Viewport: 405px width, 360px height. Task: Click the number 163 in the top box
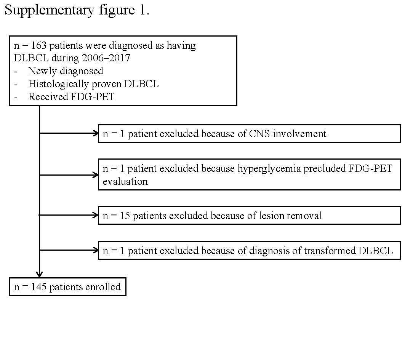click(x=39, y=45)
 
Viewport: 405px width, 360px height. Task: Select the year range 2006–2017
click(x=105, y=58)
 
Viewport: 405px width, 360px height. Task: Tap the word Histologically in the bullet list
click(x=58, y=84)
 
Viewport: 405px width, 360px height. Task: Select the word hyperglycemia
click(x=269, y=169)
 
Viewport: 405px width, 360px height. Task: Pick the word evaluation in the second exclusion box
click(x=125, y=182)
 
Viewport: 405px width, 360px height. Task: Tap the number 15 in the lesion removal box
click(x=125, y=216)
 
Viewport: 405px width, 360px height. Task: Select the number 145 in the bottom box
click(x=39, y=287)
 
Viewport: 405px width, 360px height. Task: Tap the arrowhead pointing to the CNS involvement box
click(x=96, y=133)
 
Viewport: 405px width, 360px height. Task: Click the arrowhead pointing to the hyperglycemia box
click(x=96, y=175)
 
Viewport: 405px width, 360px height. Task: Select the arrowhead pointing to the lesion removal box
click(x=96, y=215)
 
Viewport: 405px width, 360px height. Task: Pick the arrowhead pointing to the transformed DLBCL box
click(x=96, y=250)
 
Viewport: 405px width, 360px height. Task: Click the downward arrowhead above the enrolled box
click(x=39, y=275)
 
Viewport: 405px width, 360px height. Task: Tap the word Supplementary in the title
click(x=49, y=11)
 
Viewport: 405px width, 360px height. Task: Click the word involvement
click(x=299, y=134)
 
